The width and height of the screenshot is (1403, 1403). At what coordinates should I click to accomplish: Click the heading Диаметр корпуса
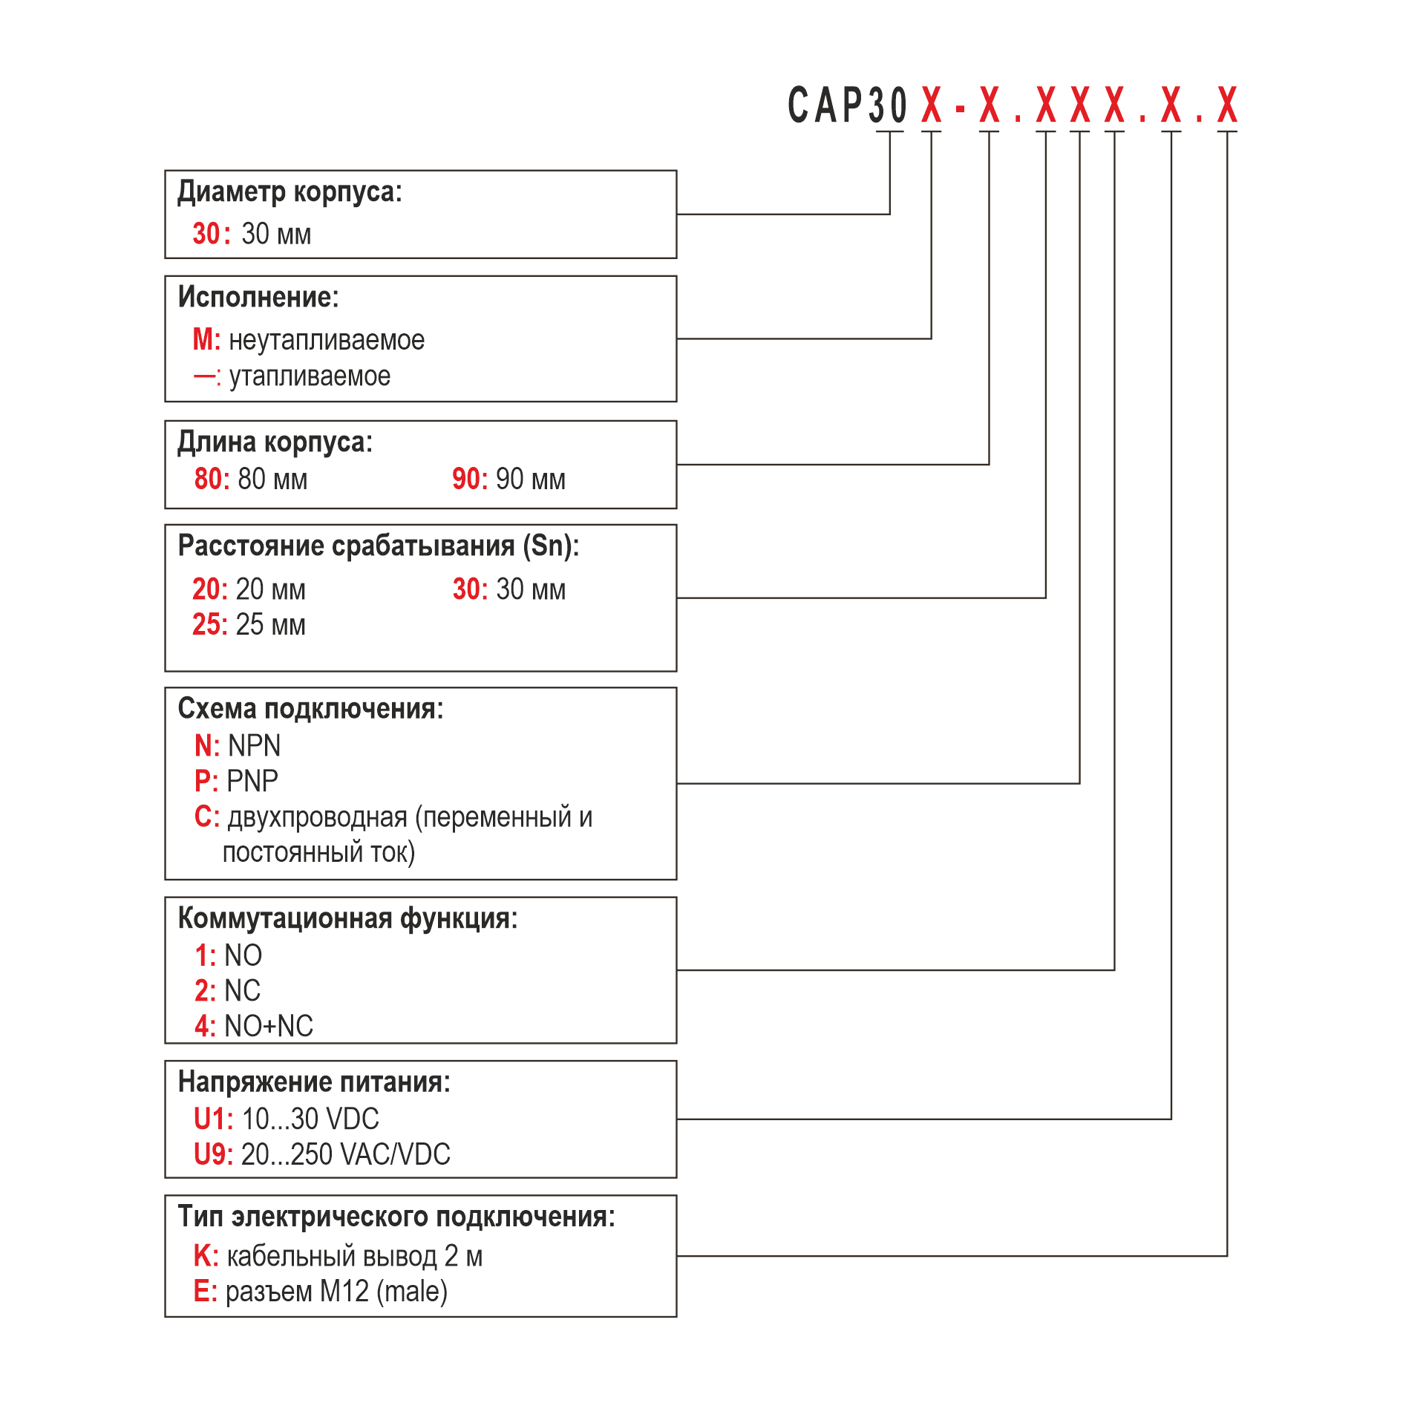[x=289, y=192]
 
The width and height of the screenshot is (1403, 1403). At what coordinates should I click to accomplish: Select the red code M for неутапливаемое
[x=203, y=339]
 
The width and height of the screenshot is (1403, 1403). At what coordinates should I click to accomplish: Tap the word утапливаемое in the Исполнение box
[x=310, y=376]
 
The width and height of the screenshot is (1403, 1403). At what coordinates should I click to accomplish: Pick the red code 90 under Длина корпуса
[x=466, y=479]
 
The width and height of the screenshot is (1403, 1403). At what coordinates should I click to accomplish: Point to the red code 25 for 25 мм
[x=206, y=624]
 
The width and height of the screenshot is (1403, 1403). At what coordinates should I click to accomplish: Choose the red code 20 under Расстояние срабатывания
[x=206, y=589]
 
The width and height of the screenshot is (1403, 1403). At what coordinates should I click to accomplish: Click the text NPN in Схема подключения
[x=255, y=745]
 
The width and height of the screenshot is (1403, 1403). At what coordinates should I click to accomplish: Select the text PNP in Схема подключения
[x=252, y=781]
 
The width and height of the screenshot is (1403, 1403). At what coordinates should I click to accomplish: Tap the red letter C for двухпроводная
[x=203, y=817]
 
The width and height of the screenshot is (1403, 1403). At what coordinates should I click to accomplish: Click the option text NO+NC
[x=269, y=1026]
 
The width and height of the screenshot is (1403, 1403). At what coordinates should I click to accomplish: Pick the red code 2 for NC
[x=202, y=990]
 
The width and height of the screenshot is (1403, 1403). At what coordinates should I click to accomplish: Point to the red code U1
[x=209, y=1119]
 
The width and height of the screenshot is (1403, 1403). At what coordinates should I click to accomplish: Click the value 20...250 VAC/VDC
[x=346, y=1154]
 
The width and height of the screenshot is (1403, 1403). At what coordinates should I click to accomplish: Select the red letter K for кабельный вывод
[x=202, y=1256]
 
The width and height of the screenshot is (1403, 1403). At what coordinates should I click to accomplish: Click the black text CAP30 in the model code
[x=847, y=105]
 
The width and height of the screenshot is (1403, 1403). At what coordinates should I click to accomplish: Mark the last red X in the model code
[x=1227, y=105]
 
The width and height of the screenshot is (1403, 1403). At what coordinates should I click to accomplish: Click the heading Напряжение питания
[x=314, y=1082]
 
